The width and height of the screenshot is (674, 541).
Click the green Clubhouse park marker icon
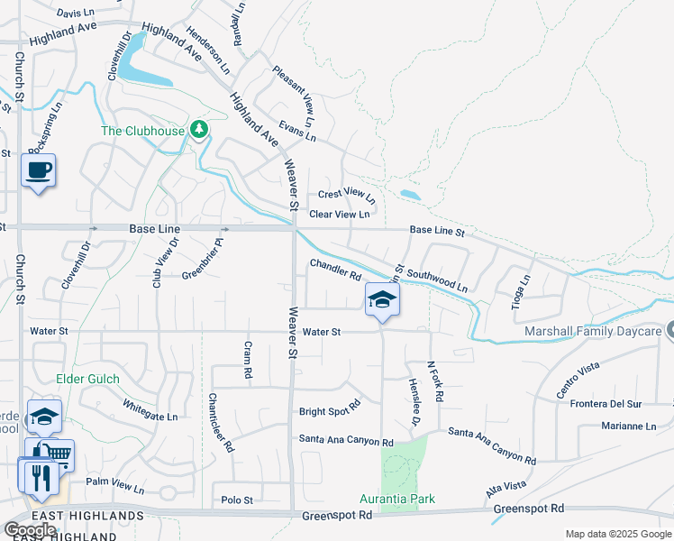coord(199,130)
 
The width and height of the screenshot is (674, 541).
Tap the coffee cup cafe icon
coord(38,169)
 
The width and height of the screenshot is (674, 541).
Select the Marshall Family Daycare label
coord(595,332)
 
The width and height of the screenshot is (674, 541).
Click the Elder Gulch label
coord(87,379)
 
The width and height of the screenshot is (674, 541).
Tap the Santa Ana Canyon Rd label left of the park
coord(347,442)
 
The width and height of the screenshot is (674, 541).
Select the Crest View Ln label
coord(346,195)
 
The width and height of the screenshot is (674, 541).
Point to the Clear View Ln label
coord(340,215)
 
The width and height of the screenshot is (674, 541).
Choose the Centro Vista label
coord(578,379)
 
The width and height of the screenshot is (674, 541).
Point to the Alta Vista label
coord(505,487)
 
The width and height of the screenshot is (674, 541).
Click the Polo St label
coord(237,500)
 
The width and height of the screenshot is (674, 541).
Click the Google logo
coord(30,530)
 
